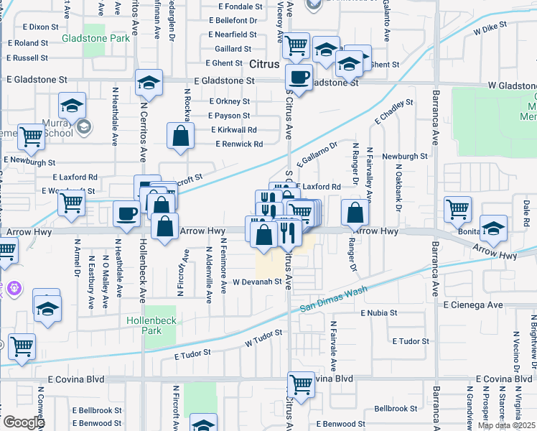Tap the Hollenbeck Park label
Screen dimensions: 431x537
pos(151,324)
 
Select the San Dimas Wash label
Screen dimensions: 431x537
pos(333,296)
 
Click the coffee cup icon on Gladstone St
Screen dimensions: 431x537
pos(299,77)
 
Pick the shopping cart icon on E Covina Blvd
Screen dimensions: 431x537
pos(301,384)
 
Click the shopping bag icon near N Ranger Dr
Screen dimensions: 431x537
pos(355,213)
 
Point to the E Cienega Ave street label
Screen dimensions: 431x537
pos(473,305)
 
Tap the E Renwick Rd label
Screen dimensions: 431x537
pos(239,144)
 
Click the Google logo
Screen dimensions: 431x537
pos(24,422)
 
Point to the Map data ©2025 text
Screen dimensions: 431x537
pos(507,425)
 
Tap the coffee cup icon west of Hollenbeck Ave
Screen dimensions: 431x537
pos(126,213)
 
